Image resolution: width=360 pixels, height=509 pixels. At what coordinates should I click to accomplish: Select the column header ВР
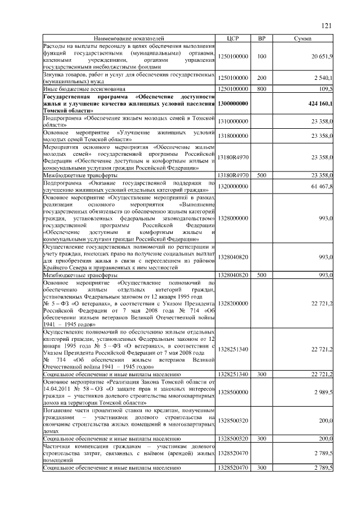click(262, 38)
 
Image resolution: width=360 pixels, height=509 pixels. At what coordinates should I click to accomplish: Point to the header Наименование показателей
click(129, 38)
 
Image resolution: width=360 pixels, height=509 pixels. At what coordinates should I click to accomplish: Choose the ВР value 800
click(262, 89)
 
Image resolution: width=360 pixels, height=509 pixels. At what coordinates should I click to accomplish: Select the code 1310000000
click(233, 121)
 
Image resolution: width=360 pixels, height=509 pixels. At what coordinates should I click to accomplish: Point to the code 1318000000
click(233, 136)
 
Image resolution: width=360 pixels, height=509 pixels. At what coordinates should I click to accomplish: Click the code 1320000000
click(233, 186)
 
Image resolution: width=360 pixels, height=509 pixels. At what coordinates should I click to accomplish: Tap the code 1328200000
click(233, 303)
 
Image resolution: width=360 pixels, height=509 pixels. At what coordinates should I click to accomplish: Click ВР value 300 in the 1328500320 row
click(262, 438)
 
